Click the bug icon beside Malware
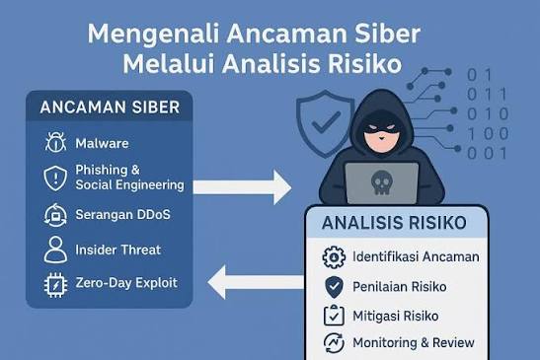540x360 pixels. click(55, 142)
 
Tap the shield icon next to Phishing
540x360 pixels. click(55, 179)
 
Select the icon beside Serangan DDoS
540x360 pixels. click(55, 215)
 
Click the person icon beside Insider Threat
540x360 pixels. click(55, 250)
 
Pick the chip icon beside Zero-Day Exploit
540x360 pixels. click(55, 285)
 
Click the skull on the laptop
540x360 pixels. click(382, 182)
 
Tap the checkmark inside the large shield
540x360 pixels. click(326, 122)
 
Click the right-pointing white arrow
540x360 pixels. click(242, 187)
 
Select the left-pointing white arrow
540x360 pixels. click(257, 282)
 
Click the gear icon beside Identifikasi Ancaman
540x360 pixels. click(334, 257)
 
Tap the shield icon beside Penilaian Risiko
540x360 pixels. click(334, 287)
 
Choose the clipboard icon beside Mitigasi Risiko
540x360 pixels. click(334, 315)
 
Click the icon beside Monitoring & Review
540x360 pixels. click(334, 343)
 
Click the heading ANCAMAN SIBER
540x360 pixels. click(110, 108)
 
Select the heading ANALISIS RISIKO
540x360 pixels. click(394, 222)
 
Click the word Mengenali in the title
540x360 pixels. click(154, 35)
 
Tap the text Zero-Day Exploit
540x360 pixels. click(126, 283)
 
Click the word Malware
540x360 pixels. click(102, 143)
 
